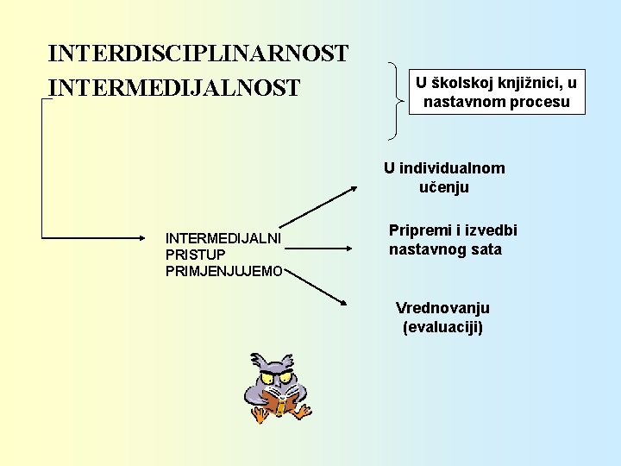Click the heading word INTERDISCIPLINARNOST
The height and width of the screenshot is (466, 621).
pos(198,54)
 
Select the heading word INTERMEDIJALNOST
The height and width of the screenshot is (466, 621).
pos(174,88)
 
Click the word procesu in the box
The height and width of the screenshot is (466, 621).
pos(541,103)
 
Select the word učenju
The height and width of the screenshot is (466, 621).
pos(443,187)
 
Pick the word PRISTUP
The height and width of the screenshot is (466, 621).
pos(195,255)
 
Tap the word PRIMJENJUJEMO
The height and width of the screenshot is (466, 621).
pos(223,271)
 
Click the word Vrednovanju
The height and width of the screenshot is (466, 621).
pos(442,308)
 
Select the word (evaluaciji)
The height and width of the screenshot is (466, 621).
pos(442,327)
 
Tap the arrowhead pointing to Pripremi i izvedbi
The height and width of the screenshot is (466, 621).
pos(349,249)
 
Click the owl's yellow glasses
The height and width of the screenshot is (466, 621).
pos(277,377)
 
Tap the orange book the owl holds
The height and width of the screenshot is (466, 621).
pos(280,402)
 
